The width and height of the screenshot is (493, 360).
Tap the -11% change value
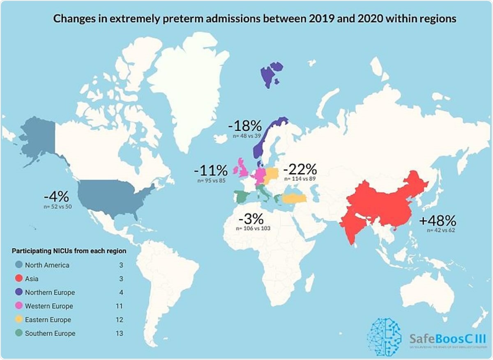click(x=211, y=170)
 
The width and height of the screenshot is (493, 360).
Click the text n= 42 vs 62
click(x=441, y=230)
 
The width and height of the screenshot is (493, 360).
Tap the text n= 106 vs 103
click(x=253, y=228)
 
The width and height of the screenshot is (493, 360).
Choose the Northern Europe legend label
click(x=50, y=293)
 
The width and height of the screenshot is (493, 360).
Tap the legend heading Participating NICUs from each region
click(x=69, y=250)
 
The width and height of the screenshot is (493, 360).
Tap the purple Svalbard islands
click(x=271, y=74)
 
